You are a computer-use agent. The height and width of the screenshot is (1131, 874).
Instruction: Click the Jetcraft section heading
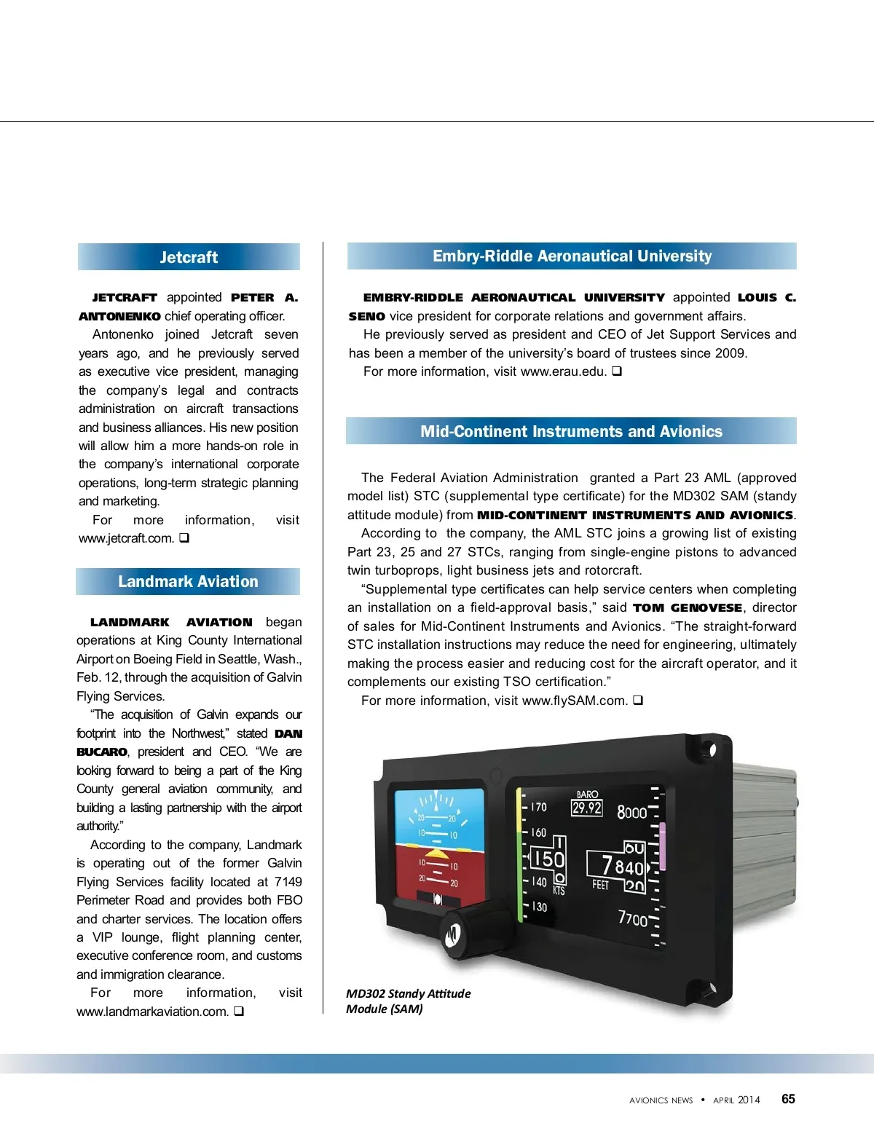click(x=189, y=257)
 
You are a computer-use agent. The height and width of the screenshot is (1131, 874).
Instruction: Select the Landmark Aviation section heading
click(x=188, y=582)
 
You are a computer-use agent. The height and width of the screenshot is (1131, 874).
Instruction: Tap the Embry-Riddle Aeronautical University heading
click(x=572, y=256)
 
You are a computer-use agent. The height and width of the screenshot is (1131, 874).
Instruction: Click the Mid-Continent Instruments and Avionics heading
click(x=571, y=432)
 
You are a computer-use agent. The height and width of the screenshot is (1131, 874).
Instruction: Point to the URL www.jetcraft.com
click(x=126, y=539)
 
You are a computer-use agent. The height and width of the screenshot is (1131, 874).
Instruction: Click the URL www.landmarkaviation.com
click(x=152, y=1012)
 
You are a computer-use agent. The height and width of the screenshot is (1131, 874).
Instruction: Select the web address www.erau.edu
click(x=563, y=371)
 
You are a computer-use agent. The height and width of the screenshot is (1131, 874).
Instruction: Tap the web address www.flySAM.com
click(x=575, y=701)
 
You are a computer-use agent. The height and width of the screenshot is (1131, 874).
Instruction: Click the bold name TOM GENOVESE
click(x=688, y=608)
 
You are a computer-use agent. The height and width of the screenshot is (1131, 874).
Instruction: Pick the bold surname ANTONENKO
click(x=119, y=316)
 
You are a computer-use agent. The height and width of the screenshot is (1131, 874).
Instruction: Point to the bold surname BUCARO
click(x=102, y=752)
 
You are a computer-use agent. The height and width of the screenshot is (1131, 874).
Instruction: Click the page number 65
click(x=788, y=1100)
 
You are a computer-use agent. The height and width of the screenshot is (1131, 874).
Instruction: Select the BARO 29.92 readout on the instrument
click(x=587, y=804)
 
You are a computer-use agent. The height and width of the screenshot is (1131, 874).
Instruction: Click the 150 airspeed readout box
click(x=547, y=859)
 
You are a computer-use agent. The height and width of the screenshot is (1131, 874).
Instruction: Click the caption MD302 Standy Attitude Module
click(x=408, y=1001)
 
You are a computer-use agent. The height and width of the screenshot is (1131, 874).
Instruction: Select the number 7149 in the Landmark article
click(x=288, y=882)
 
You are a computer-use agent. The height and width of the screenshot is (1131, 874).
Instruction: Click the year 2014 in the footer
click(x=748, y=1100)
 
